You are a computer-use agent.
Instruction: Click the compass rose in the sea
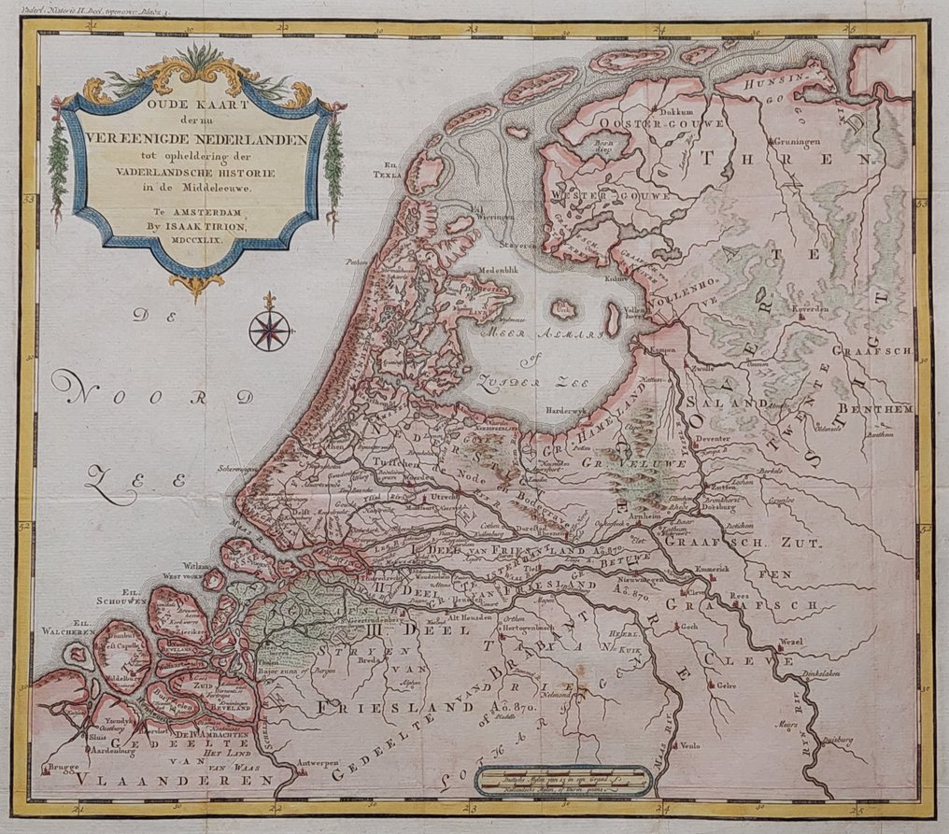point(270,329)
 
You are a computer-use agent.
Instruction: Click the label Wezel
point(790,643)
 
